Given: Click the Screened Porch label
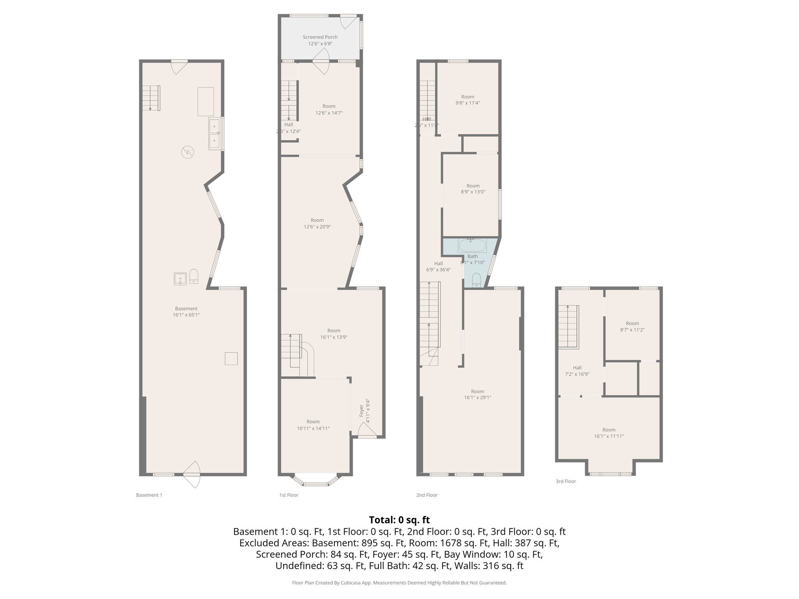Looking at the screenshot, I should [x=320, y=37].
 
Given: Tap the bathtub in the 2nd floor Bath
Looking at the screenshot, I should [x=472, y=246].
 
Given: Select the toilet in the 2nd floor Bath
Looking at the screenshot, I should [x=476, y=280].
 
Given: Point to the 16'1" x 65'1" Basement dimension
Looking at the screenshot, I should [x=186, y=315].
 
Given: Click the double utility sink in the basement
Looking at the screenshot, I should [x=215, y=133].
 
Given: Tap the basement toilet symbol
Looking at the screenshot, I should [x=194, y=276].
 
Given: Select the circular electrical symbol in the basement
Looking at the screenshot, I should [x=187, y=151].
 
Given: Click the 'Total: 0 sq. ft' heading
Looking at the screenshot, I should [x=399, y=520].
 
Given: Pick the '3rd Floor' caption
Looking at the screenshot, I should [x=566, y=481].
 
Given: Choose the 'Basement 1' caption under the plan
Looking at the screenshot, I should [x=149, y=495].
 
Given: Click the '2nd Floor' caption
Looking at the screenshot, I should [x=427, y=495].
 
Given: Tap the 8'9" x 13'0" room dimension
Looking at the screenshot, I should [x=473, y=192].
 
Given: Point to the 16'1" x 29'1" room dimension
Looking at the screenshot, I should [x=478, y=398].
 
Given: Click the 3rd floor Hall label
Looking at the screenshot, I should [x=577, y=368].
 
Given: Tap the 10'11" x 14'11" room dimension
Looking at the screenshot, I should [x=313, y=428].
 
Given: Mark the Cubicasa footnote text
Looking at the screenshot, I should [x=399, y=583].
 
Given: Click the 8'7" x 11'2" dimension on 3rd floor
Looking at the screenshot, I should [x=632, y=330].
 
